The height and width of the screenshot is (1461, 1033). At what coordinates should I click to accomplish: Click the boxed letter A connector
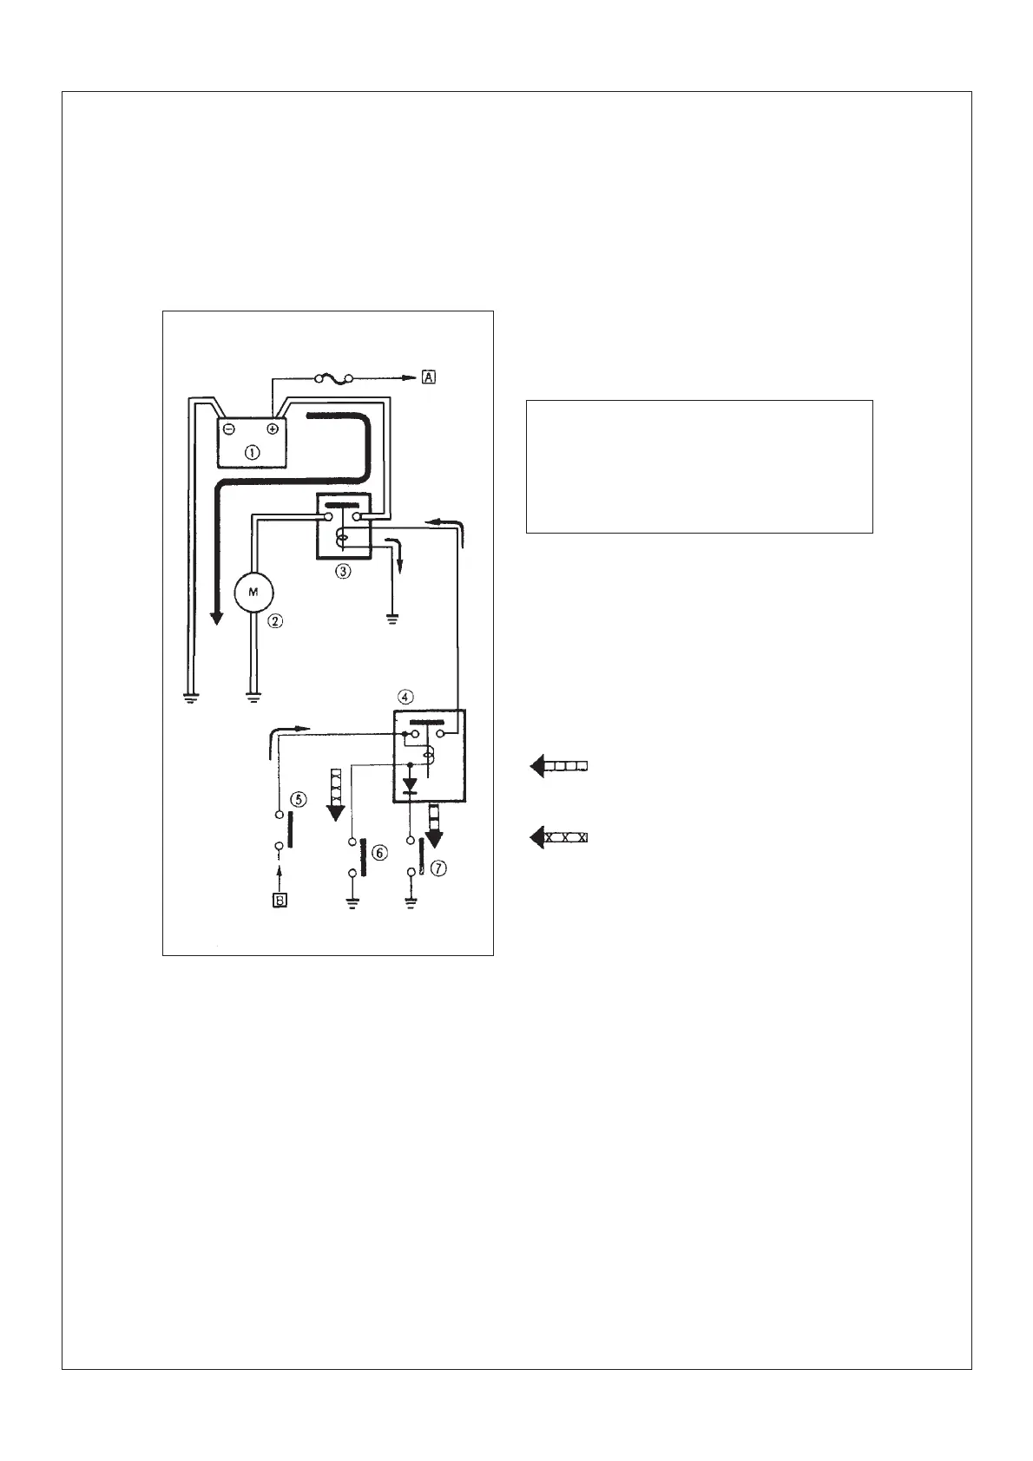pyautogui.click(x=429, y=377)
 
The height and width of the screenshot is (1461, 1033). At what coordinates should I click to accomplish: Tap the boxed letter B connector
pyautogui.click(x=280, y=901)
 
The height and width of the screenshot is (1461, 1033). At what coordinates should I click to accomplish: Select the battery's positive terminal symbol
pyautogui.click(x=273, y=429)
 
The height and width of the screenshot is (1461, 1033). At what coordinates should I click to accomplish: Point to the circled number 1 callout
pyautogui.click(x=252, y=452)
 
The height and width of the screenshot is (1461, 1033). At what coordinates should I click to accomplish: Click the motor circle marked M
pyautogui.click(x=253, y=592)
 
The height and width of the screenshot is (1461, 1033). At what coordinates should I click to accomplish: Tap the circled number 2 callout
pyautogui.click(x=275, y=621)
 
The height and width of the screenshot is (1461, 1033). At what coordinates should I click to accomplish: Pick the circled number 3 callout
pyautogui.click(x=345, y=572)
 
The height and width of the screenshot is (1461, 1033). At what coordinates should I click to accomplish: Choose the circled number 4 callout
pyautogui.click(x=405, y=697)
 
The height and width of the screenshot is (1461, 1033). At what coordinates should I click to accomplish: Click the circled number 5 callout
pyautogui.click(x=298, y=799)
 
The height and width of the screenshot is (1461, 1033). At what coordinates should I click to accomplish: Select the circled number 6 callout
pyautogui.click(x=378, y=853)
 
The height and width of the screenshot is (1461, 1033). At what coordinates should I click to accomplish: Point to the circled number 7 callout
pyautogui.click(x=439, y=867)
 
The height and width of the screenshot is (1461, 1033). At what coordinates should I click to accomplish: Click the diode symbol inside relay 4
pyautogui.click(x=411, y=785)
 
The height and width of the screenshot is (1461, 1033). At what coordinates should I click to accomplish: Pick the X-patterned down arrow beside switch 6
pyautogui.click(x=336, y=794)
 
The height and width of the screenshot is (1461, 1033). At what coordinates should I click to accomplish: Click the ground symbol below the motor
pyautogui.click(x=253, y=695)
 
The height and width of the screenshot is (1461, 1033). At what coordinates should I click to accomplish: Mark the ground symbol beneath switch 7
pyautogui.click(x=410, y=903)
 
